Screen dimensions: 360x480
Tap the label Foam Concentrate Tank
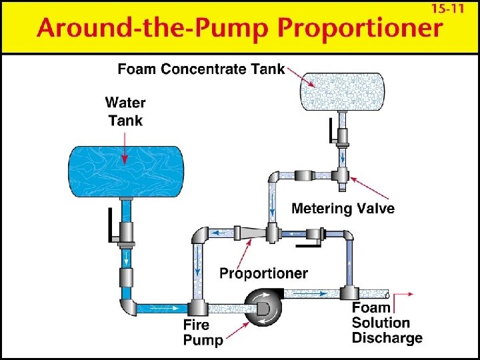[201, 69]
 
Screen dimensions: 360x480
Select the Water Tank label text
[125, 111]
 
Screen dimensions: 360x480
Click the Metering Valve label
[343, 209]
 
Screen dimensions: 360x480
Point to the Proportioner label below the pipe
[264, 273]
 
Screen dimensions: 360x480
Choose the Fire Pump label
[197, 333]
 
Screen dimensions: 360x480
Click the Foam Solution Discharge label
[386, 323]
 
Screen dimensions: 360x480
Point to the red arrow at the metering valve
[363, 185]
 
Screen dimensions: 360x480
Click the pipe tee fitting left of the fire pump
[197, 307]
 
